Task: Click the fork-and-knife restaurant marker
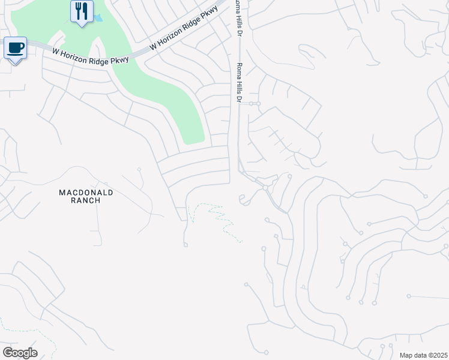(x=82, y=11)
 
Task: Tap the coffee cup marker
(x=15, y=48)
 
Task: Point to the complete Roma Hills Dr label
(x=240, y=83)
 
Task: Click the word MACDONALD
(x=86, y=193)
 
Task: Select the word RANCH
(x=86, y=200)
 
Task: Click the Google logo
(x=20, y=353)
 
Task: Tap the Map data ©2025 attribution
(x=423, y=355)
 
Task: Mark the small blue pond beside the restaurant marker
(x=98, y=19)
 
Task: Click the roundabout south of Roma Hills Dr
(x=265, y=188)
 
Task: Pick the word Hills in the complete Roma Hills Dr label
(x=240, y=83)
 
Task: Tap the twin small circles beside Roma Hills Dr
(x=255, y=104)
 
